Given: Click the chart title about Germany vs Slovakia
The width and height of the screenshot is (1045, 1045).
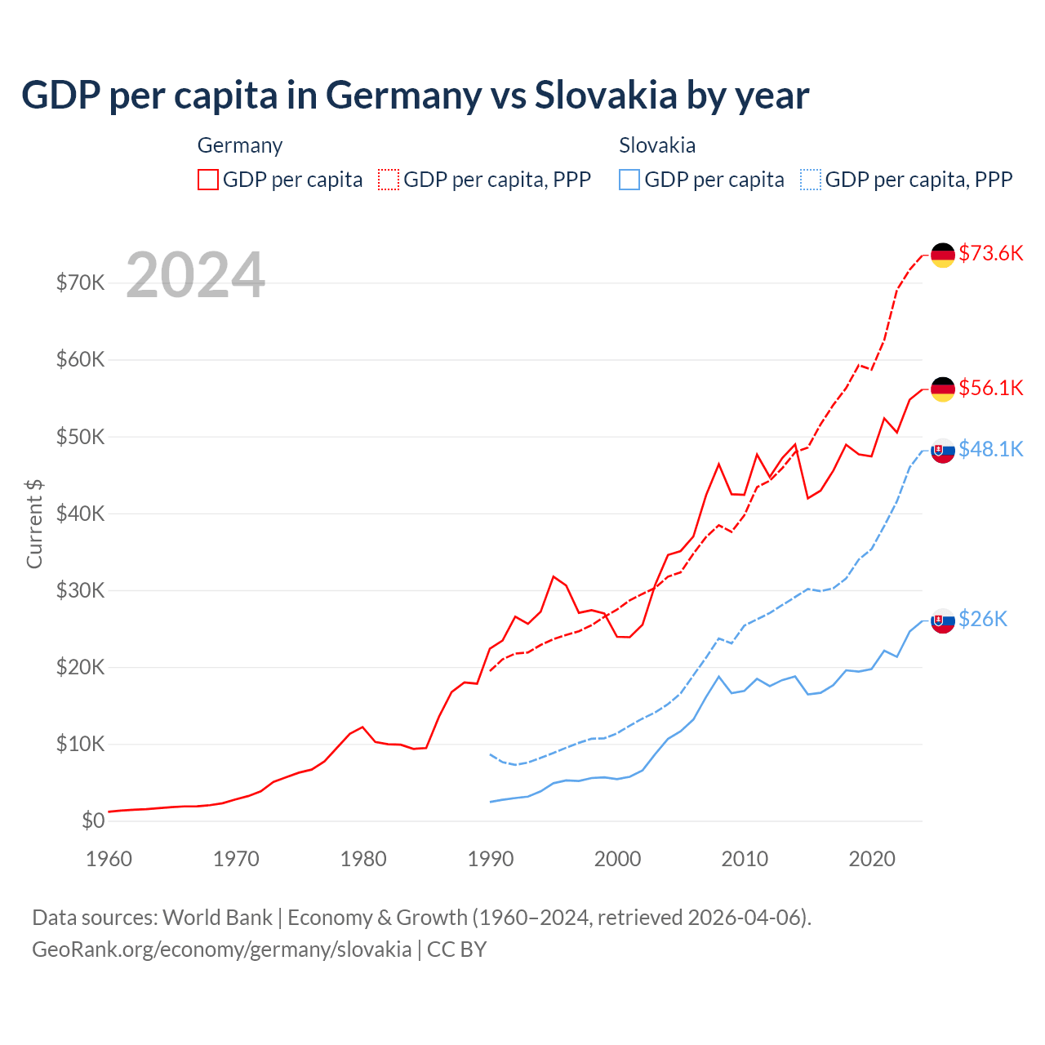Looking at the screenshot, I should point(415,96).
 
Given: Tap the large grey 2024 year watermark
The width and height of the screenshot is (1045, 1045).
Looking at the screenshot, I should point(196,275).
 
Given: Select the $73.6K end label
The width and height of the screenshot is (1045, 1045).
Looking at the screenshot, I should point(990,253).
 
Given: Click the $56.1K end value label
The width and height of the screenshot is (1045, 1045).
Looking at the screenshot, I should point(990,388).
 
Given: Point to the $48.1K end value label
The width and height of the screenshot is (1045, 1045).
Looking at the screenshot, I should point(990,449).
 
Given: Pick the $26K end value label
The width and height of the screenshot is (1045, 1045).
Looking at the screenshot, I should point(983,619).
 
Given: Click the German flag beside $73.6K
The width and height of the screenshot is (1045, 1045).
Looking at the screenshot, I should point(943,255).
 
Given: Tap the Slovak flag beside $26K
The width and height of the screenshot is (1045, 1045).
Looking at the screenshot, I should point(943,620).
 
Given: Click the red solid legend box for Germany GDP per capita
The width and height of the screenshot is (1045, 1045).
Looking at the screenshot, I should point(208,180).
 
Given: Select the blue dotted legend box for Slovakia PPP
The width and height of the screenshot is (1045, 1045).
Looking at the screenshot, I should point(811,180).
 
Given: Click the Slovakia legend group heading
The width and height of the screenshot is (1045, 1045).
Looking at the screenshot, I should point(657,145).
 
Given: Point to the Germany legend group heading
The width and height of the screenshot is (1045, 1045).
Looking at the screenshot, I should point(240,145).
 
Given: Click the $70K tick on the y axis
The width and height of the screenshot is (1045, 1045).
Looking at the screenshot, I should point(80,282).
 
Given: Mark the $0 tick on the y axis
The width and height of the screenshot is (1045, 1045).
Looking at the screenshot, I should point(93,820).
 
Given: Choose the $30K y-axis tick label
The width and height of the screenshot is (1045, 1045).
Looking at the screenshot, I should point(80,590).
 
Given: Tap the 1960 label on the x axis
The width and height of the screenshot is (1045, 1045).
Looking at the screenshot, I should point(109,859).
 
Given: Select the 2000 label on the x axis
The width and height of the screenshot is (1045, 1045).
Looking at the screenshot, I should point(617,859).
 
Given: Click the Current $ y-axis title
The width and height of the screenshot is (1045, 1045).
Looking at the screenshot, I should point(34,524).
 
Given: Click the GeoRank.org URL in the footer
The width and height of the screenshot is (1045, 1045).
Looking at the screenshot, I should point(222,949).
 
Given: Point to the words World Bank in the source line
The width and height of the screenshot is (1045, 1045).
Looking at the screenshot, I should point(217,918).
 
